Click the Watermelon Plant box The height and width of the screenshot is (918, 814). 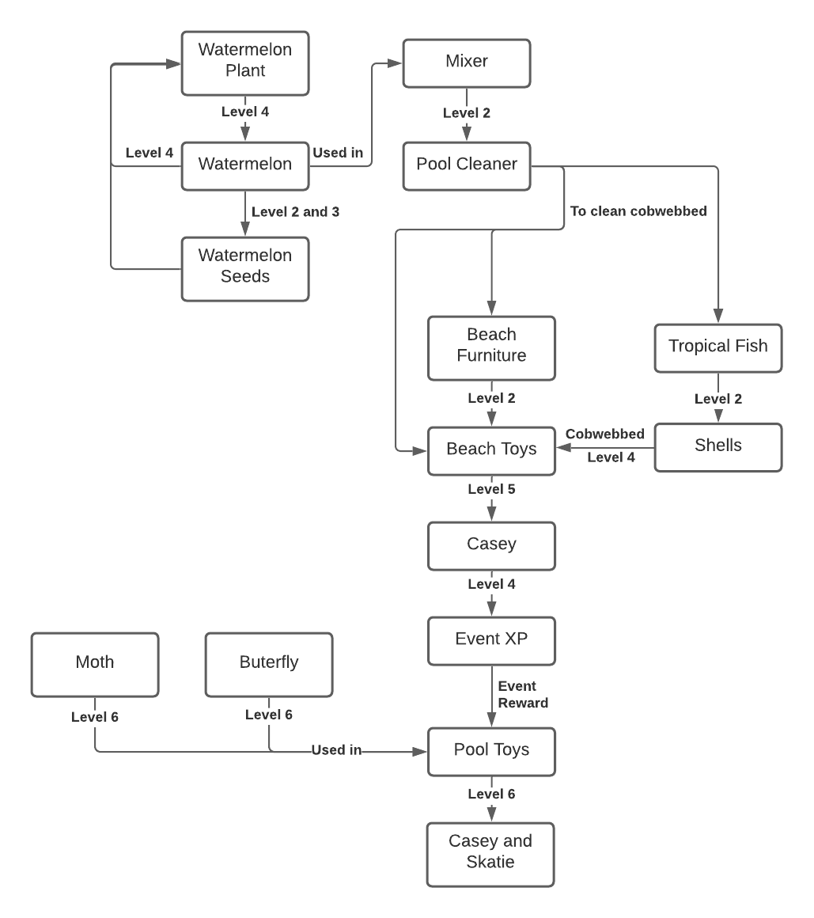pyautogui.click(x=244, y=60)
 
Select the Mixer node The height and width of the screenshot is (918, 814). pyautogui.click(x=467, y=62)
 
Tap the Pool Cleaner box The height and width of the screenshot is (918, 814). pyautogui.click(x=467, y=165)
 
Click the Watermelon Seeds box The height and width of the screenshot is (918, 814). pyautogui.click(x=244, y=267)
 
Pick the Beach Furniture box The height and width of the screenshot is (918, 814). pyautogui.click(x=491, y=346)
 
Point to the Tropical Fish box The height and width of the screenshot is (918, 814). pyautogui.click(x=717, y=347)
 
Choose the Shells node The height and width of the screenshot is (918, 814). pyautogui.click(x=717, y=446)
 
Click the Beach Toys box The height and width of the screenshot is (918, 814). pyautogui.click(x=491, y=450)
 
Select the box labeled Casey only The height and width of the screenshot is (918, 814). pyautogui.click(x=491, y=544)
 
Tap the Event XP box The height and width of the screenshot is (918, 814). pyautogui.click(x=491, y=640)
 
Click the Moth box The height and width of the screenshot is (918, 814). pyautogui.click(x=95, y=662)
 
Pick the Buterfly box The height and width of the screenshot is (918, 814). pyautogui.click(x=269, y=662)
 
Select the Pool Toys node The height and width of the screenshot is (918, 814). pyautogui.click(x=491, y=750)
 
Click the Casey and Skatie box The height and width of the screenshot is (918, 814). pyautogui.click(x=490, y=852)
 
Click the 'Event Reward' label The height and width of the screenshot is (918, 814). pyautogui.click(x=523, y=695)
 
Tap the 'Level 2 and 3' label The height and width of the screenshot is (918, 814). pyautogui.click(x=295, y=212)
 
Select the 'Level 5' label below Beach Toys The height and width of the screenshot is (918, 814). pyautogui.click(x=491, y=490)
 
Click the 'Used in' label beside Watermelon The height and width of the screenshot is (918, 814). pyautogui.click(x=338, y=153)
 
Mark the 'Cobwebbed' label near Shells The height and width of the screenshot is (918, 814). pyautogui.click(x=605, y=434)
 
